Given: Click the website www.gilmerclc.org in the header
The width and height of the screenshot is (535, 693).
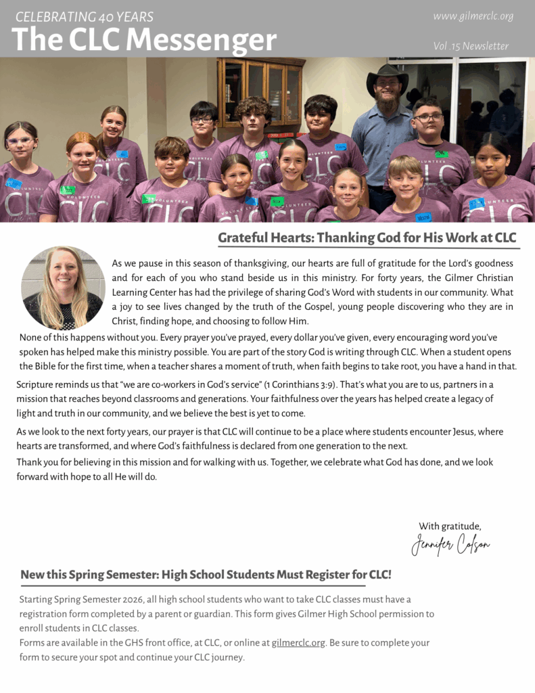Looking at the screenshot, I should [473, 16].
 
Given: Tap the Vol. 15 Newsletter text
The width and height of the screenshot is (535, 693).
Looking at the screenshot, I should [471, 46].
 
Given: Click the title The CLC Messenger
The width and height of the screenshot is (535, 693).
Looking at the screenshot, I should [144, 41].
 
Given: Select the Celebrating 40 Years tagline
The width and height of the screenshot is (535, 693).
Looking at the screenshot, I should [85, 17].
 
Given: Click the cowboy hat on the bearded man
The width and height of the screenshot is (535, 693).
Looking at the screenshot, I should [387, 76].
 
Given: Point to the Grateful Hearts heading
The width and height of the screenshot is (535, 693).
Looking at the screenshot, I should [367, 238].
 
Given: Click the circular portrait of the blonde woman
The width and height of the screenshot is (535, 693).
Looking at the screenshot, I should [63, 288].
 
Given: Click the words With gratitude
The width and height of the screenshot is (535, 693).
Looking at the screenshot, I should [450, 526].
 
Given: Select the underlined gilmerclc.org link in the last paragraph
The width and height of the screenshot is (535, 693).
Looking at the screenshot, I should [298, 642].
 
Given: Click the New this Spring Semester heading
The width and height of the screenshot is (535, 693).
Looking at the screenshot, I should [206, 575].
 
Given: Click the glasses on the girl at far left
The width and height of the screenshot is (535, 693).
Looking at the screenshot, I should [20, 141].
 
